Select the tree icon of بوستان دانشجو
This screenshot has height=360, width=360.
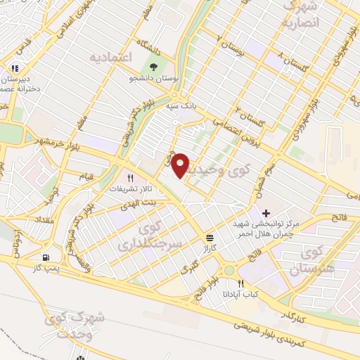(x=153, y=69)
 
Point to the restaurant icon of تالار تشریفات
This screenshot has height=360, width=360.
(x=129, y=178)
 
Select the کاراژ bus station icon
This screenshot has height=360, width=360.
(x=210, y=237)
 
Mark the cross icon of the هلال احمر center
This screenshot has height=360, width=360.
(x=266, y=212)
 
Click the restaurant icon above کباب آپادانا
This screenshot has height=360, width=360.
(x=240, y=283)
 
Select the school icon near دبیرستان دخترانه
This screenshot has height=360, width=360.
(x=13, y=69)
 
